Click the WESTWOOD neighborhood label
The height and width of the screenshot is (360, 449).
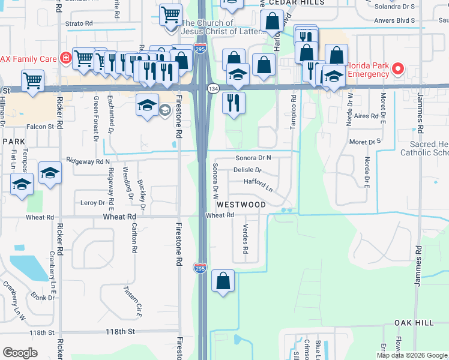tap(241, 205)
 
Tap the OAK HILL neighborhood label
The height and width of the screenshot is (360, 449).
tap(414, 323)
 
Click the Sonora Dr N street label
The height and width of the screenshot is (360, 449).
tap(253, 158)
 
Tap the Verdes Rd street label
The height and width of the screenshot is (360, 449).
tap(245, 238)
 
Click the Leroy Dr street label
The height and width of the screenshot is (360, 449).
tap(92, 203)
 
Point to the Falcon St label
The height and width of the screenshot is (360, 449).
tap(41, 127)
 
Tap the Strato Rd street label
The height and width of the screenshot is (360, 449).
tap(79, 23)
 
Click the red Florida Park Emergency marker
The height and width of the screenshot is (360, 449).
tap(397, 70)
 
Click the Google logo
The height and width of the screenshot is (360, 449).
tap(20, 353)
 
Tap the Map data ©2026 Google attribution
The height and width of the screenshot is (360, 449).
tap(412, 355)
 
